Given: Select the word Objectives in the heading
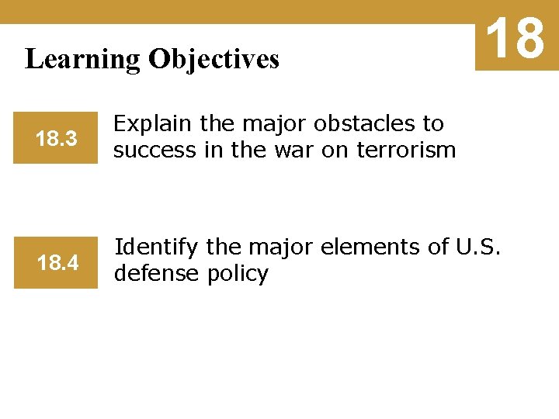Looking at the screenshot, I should click(214, 60).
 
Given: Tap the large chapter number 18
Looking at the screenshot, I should click(516, 38).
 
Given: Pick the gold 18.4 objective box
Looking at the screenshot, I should click(56, 264).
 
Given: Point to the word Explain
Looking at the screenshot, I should click(153, 124).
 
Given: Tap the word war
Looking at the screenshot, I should click(288, 150).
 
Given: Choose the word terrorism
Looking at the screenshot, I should click(405, 150).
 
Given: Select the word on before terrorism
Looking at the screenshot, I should click(332, 150).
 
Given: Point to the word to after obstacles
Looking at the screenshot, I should click(431, 124).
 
